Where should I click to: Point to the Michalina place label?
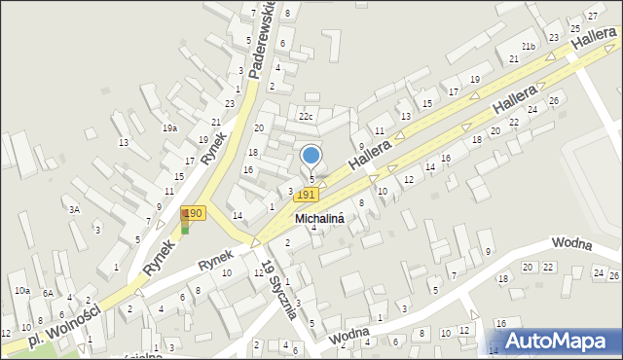tap(320, 220)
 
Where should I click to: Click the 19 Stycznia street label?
tap(278, 291)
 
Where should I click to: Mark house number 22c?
tap(306, 117)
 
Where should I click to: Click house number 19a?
tap(169, 128)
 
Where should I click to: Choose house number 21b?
tap(529, 47)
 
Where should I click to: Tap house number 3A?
tap(74, 209)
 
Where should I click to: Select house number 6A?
tap(47, 293)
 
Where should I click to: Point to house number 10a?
tap(21, 291)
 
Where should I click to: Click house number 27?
tap(590, 17)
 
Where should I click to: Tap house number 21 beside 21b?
tap(513, 59)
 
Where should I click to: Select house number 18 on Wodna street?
tap(502, 279)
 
